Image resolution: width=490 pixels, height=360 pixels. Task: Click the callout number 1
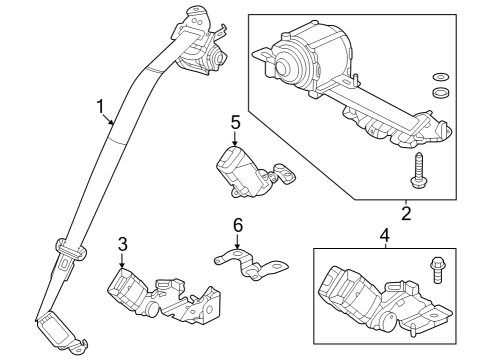pos(100,106)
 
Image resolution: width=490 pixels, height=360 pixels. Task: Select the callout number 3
pos(122,243)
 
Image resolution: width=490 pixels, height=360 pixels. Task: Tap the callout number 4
pos(383,237)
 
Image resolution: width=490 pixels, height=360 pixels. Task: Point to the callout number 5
pos(235,122)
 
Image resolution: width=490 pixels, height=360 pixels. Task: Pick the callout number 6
pos(238,226)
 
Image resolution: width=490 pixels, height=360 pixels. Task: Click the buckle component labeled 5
pos(245,169)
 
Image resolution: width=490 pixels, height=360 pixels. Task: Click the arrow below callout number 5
pos(235,141)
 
